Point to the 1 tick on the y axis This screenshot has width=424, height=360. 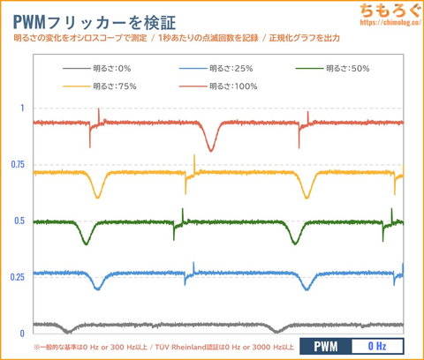click(22, 109)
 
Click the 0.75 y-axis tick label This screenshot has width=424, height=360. click(18, 165)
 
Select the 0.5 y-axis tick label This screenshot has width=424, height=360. click(19, 221)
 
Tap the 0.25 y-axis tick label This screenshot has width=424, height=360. click(18, 278)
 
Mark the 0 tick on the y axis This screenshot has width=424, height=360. click(22, 334)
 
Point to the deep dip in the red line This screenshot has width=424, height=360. click(210, 149)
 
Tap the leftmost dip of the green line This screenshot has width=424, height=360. click(85, 241)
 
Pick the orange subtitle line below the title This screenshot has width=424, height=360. click(177, 38)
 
